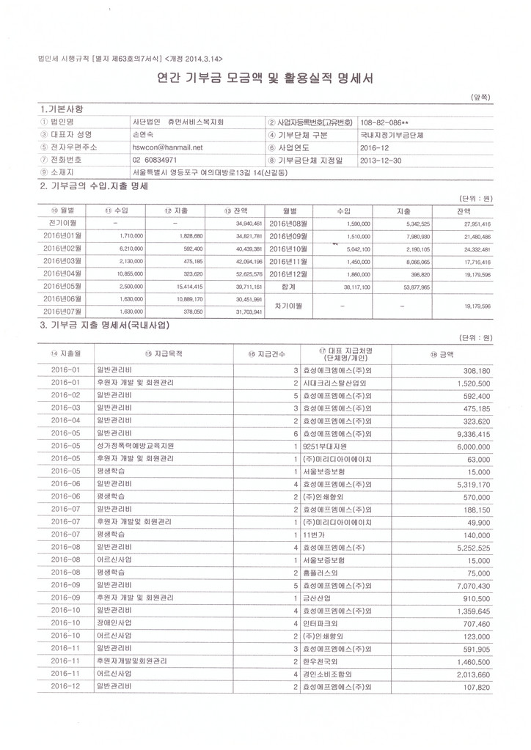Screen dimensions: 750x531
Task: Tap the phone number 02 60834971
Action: [x=155, y=160]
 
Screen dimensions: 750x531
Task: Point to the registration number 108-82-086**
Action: [x=387, y=122]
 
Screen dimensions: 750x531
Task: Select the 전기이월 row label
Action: [x=62, y=221]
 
